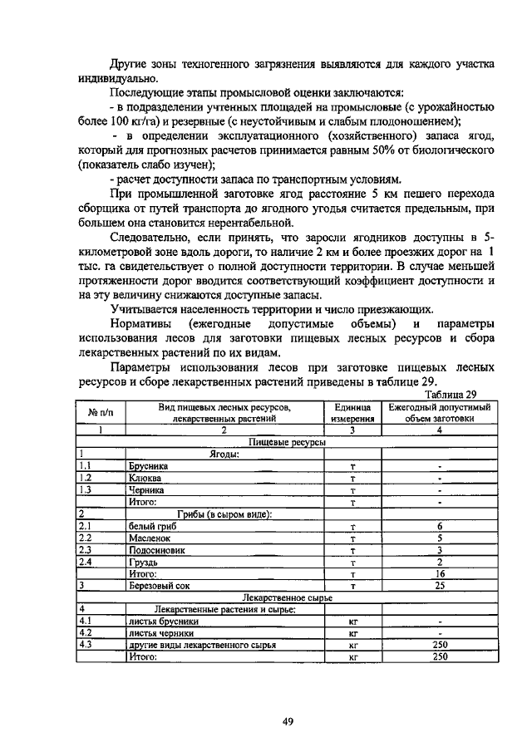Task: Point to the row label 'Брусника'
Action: pos(147,467)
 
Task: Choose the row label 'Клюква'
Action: pos(145,479)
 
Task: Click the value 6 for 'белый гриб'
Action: pos(439,527)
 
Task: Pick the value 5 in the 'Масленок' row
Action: pos(439,538)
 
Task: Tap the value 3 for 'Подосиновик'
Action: pos(439,550)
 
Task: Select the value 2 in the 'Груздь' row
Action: pos(439,562)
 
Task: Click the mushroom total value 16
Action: pos(439,573)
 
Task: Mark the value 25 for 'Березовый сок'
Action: pos(439,585)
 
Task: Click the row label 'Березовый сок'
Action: pos(159,585)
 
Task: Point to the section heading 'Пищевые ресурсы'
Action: pos(285,443)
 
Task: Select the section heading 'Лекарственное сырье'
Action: pos(285,597)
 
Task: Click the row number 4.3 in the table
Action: pos(85,644)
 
